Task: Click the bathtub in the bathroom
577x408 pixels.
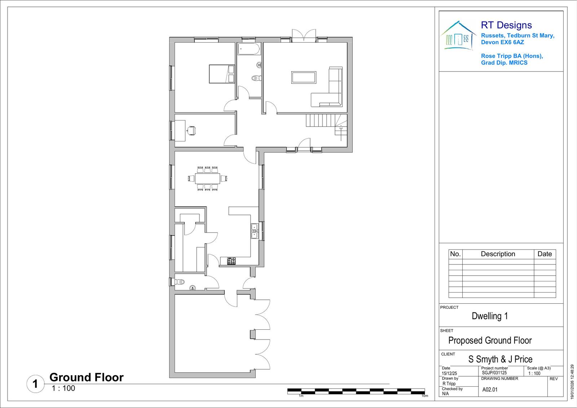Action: coord(249,49)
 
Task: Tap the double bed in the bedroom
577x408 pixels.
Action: coord(221,74)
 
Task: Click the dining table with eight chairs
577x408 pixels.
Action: coord(208,178)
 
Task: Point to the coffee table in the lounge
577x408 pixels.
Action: coord(304,77)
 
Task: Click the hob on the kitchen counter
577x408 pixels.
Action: coord(231,261)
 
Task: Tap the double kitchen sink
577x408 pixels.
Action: coord(255,231)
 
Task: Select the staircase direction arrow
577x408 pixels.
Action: coord(341,133)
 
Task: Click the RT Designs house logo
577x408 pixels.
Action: coord(458,36)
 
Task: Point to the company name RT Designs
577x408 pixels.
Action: coord(506,25)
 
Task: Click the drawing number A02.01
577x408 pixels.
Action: coord(490,390)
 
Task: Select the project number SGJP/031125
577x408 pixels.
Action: coord(494,373)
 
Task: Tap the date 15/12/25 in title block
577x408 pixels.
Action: coord(449,373)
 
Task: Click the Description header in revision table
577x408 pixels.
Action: coord(498,254)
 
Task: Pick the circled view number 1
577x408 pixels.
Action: coord(36,384)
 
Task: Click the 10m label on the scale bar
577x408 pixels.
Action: coord(425,396)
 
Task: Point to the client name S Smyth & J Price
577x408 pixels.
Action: coord(500,359)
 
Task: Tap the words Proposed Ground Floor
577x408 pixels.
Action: coord(490,341)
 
